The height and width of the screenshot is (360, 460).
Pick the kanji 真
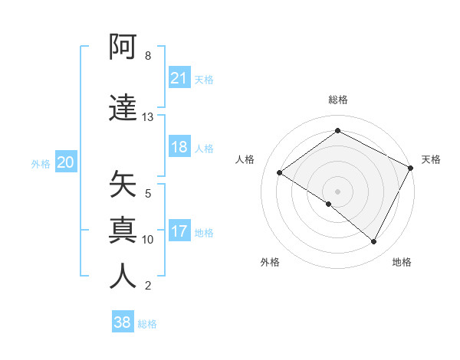(123, 230)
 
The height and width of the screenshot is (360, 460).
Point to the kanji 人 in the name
(123, 275)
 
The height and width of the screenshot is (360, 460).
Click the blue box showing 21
(179, 78)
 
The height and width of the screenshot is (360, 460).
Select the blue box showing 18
(179, 148)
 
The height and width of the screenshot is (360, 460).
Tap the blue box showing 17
(179, 231)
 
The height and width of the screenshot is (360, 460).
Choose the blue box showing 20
(66, 162)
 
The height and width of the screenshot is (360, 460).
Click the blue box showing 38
(123, 322)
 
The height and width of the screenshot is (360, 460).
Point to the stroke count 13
(147, 117)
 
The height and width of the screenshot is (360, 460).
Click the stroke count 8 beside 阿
(147, 56)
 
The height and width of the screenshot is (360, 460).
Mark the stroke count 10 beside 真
(147, 240)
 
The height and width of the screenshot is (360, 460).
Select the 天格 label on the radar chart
(431, 159)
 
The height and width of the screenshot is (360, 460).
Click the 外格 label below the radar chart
(270, 262)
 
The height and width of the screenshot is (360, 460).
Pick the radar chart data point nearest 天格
(411, 168)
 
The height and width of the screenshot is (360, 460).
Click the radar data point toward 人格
(280, 173)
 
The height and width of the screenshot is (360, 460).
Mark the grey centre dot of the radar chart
(337, 191)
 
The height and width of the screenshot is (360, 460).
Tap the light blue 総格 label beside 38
(147, 324)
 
